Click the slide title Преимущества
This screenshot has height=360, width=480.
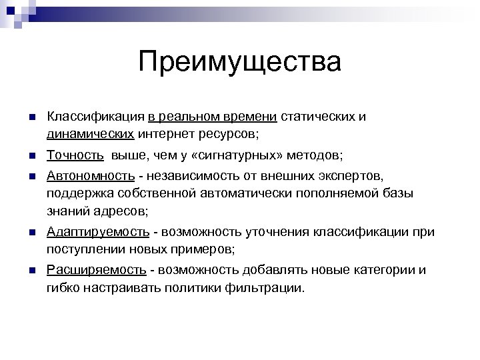(240, 63)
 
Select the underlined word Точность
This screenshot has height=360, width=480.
(75, 155)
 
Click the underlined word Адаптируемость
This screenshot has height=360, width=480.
(98, 231)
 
